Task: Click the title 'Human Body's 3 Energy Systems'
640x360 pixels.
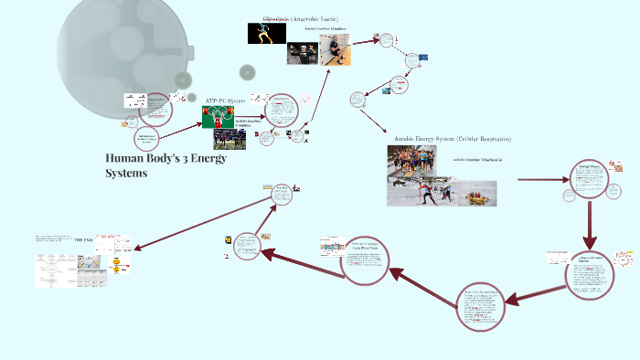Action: [x=165, y=165]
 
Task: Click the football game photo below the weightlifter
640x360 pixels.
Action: [x=229, y=139]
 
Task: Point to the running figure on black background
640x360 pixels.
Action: [x=266, y=34]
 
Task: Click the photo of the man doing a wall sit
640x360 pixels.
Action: [x=333, y=54]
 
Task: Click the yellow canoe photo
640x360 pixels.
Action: [x=477, y=193]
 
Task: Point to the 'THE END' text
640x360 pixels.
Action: [x=84, y=239]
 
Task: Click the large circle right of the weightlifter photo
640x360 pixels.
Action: [x=283, y=109]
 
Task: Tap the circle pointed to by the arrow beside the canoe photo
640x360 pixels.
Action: [x=589, y=179]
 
